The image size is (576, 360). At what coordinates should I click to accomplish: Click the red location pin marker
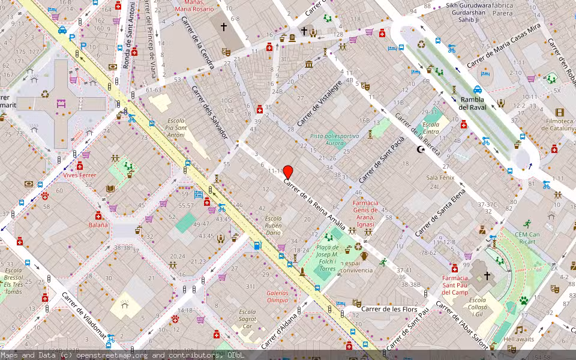click(x=288, y=172)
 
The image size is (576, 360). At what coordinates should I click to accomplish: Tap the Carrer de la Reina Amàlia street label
click(x=314, y=204)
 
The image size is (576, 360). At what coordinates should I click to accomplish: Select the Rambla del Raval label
click(x=472, y=103)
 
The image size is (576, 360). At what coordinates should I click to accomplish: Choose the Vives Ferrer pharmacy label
click(x=80, y=175)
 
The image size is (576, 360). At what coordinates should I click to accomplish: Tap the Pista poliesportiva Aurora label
click(x=334, y=140)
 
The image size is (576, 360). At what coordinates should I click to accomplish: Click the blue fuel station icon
click(x=257, y=245)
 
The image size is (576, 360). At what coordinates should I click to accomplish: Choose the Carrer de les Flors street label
click(x=389, y=309)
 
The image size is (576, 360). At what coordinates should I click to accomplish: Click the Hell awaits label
click(x=518, y=339)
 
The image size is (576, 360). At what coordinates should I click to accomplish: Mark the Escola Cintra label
click(x=431, y=128)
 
